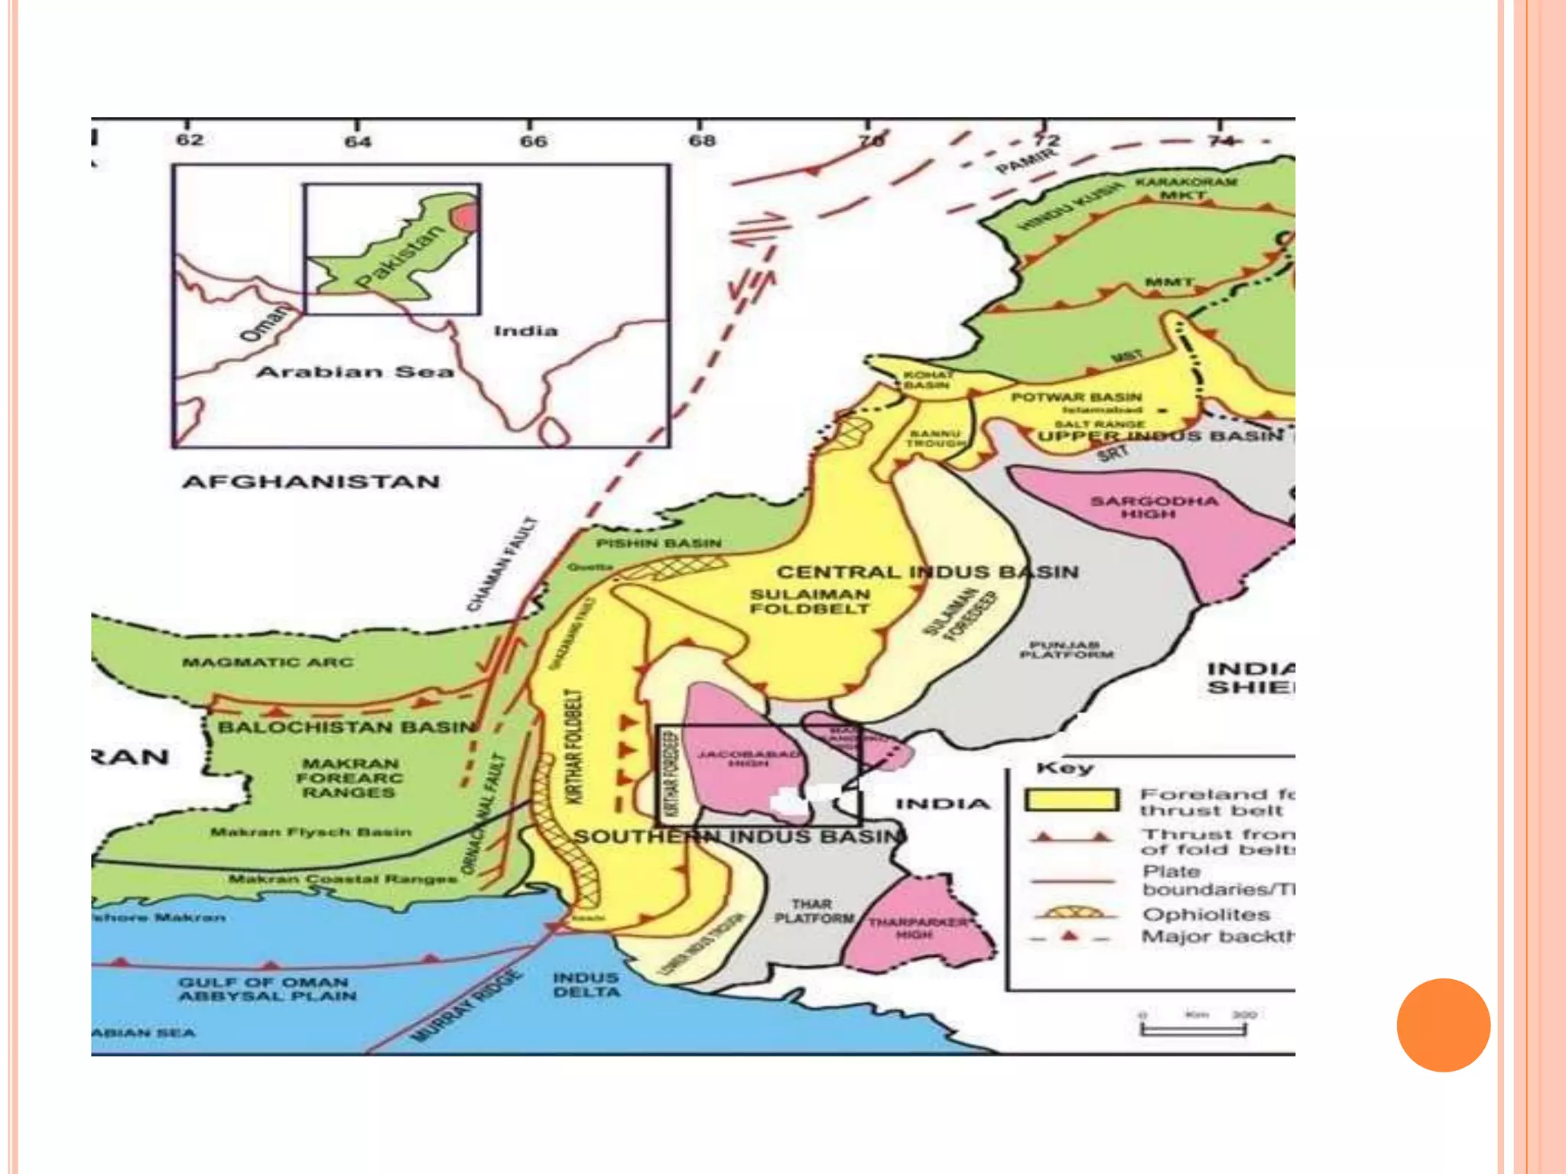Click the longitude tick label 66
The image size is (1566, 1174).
pos(533,141)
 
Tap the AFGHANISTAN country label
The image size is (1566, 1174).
pos(310,482)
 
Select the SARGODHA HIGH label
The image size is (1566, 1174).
pos(1153,508)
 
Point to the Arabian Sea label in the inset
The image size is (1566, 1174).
pos(354,372)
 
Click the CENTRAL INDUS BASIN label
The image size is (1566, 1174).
pos(928,572)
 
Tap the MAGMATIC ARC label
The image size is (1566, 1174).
pos(268,662)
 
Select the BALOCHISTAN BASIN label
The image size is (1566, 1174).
pos(346,727)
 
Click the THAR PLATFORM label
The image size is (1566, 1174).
pos(813,911)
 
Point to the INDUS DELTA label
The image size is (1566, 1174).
pos(586,984)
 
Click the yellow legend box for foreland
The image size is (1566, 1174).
pos(1071,800)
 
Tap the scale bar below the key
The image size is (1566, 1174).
pos(1192,1030)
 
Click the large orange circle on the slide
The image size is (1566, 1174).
pos(1443,1025)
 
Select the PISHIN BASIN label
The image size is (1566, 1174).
pos(658,543)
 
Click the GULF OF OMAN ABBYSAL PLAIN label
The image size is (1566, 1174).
pos(267,989)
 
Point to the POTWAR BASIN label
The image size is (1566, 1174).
pos(1076,397)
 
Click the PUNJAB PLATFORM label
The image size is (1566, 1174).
pos(1067,650)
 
